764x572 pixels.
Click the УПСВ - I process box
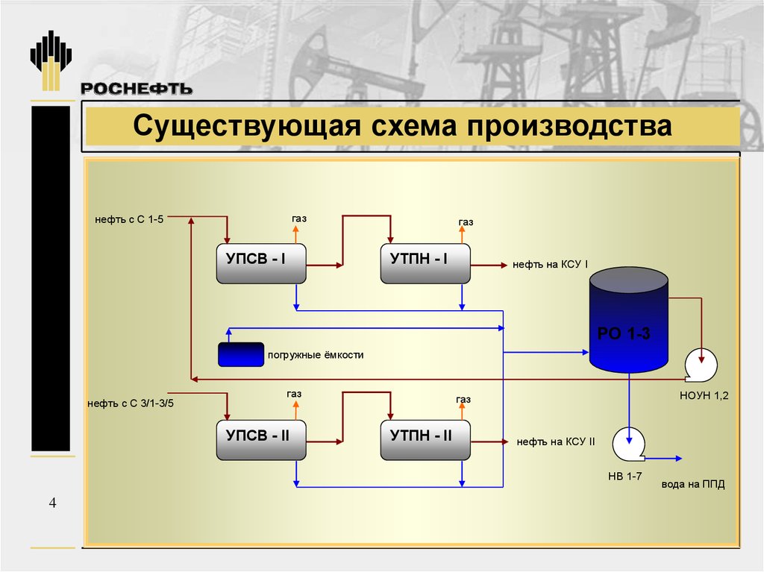261,263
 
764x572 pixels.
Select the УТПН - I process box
425,263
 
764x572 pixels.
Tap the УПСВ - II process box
261,440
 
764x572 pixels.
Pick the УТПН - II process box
425,440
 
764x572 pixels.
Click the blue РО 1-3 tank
628,320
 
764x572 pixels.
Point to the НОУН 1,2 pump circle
701,365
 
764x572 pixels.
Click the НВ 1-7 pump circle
628,444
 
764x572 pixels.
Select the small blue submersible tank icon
241,354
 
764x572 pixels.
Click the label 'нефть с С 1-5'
129,219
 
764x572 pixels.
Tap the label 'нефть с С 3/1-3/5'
131,403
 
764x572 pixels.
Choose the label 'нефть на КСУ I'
550,265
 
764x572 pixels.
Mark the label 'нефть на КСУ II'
556,442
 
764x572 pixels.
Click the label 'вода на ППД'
693,484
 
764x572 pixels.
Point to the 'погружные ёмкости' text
316,355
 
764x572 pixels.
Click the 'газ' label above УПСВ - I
299,219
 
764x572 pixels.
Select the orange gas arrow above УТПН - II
462,412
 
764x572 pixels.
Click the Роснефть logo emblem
51,60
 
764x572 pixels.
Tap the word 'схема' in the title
413,126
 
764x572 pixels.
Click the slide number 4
53,503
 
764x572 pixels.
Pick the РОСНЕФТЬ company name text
137,89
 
